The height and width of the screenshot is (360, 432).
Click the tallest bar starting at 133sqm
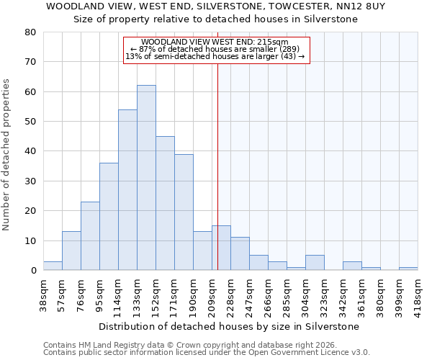coord(146,178)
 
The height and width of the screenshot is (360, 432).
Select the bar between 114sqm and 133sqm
coord(127,190)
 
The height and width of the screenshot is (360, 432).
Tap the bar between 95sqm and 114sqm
coord(109,217)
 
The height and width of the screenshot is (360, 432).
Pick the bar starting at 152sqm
coord(165,203)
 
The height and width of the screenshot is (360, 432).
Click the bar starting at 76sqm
coord(90,236)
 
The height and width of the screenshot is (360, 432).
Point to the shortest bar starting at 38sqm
coord(53,266)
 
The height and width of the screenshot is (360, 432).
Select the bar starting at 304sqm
coord(315,263)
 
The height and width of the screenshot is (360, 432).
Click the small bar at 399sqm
coord(408,269)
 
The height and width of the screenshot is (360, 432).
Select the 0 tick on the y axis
coord(33,271)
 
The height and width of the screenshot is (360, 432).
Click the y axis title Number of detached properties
coord(7,152)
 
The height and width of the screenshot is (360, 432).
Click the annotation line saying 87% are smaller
coord(215,49)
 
